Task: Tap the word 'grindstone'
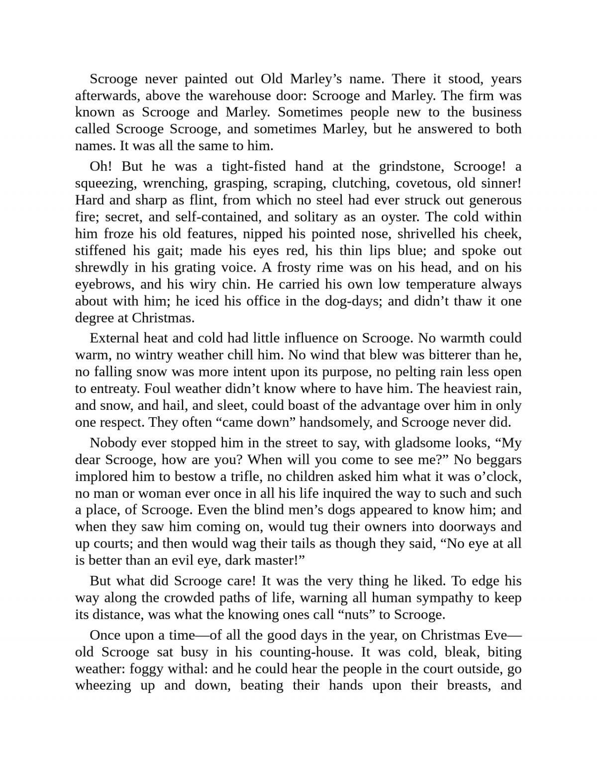410,166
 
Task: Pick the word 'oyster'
398,217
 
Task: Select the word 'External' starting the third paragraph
114,338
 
